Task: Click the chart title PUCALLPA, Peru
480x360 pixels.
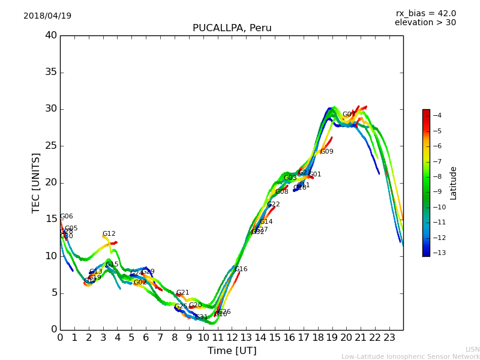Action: pos(232,28)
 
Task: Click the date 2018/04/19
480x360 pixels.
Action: pos(47,16)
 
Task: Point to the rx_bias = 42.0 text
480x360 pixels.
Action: pos(425,14)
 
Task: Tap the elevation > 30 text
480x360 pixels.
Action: pos(425,23)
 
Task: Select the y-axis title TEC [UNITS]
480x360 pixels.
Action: pos(36,182)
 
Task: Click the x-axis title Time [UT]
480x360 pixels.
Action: pos(232,351)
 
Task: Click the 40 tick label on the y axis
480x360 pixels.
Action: pos(51,35)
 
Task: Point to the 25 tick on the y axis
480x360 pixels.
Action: pos(51,146)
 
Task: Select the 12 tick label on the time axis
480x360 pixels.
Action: pos(232,337)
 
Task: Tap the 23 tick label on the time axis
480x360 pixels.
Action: pos(389,337)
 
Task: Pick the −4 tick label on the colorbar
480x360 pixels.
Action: pos(437,115)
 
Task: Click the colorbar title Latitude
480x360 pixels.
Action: pos(454,182)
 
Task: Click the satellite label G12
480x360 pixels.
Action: pos(109,234)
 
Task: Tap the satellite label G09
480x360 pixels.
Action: pos(326,152)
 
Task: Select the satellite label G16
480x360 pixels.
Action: pos(241,269)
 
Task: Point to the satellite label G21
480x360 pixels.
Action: pos(182,293)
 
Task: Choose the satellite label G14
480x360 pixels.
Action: pos(266,222)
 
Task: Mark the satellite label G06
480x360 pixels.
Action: pos(66,217)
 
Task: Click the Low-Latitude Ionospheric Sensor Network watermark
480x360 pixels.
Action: pos(410,357)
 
